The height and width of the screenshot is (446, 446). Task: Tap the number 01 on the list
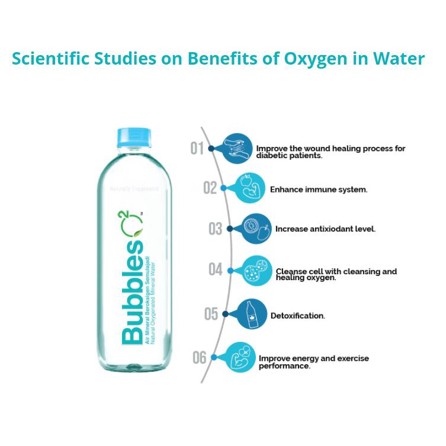[x=198, y=147]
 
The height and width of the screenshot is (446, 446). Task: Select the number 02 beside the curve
[x=210, y=188]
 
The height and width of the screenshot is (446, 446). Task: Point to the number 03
[x=216, y=229]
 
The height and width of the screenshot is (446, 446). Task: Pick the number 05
[x=211, y=313]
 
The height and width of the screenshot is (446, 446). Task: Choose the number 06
[x=200, y=357]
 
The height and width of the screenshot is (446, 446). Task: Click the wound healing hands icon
[x=239, y=147]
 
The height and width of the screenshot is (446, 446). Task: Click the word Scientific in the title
[x=49, y=59]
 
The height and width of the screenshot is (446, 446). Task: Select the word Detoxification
[x=297, y=316]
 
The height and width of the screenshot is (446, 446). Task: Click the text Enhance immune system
[x=319, y=190]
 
